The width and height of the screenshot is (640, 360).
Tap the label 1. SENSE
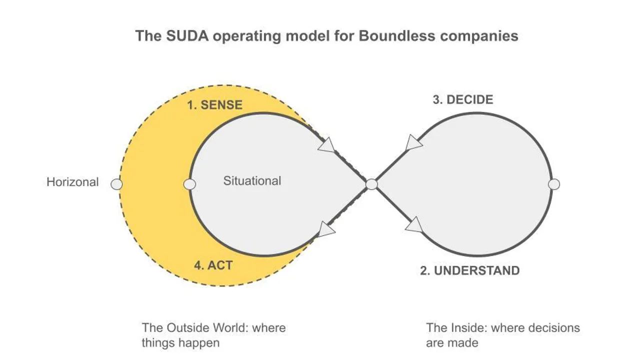(214, 105)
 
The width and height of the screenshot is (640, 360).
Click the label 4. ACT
(213, 264)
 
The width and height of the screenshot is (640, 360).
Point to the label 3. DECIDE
(462, 99)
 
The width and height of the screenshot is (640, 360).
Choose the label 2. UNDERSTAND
(469, 270)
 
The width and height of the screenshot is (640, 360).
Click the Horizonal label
(72, 182)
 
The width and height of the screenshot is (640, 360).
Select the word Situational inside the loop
(252, 180)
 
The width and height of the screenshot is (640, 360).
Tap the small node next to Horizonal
(116, 184)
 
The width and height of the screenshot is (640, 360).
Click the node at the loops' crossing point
(371, 184)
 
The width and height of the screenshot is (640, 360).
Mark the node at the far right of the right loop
(553, 184)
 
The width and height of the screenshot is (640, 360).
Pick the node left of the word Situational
(189, 184)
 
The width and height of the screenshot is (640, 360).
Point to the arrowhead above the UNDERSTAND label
(414, 226)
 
